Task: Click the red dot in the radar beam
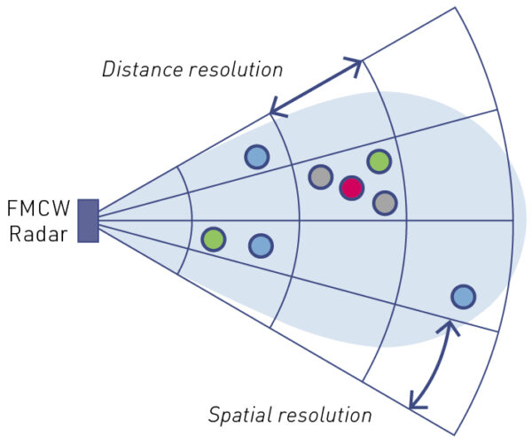tap(352, 187)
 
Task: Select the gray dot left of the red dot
tap(320, 177)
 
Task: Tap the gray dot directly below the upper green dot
tap(384, 203)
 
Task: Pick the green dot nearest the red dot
tap(379, 161)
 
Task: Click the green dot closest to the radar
tap(214, 238)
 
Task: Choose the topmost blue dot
tap(256, 157)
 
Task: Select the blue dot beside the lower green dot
tap(260, 245)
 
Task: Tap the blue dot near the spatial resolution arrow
tap(463, 297)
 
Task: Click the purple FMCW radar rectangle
tap(88, 221)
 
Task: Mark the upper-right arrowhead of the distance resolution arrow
tap(358, 63)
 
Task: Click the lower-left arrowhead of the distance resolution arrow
tap(274, 113)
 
